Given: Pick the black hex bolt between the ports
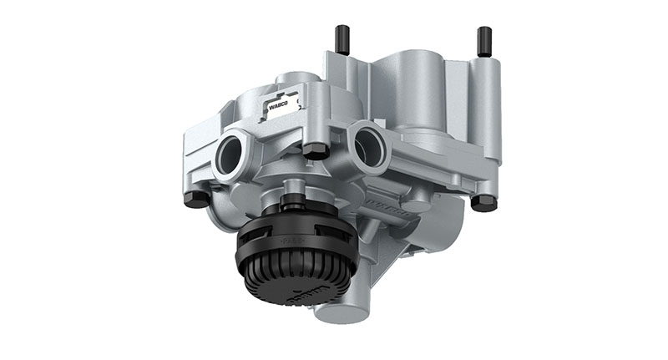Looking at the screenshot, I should (315, 151).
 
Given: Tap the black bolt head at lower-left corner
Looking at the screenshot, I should (195, 200).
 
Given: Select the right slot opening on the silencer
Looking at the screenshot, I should (322, 221).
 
